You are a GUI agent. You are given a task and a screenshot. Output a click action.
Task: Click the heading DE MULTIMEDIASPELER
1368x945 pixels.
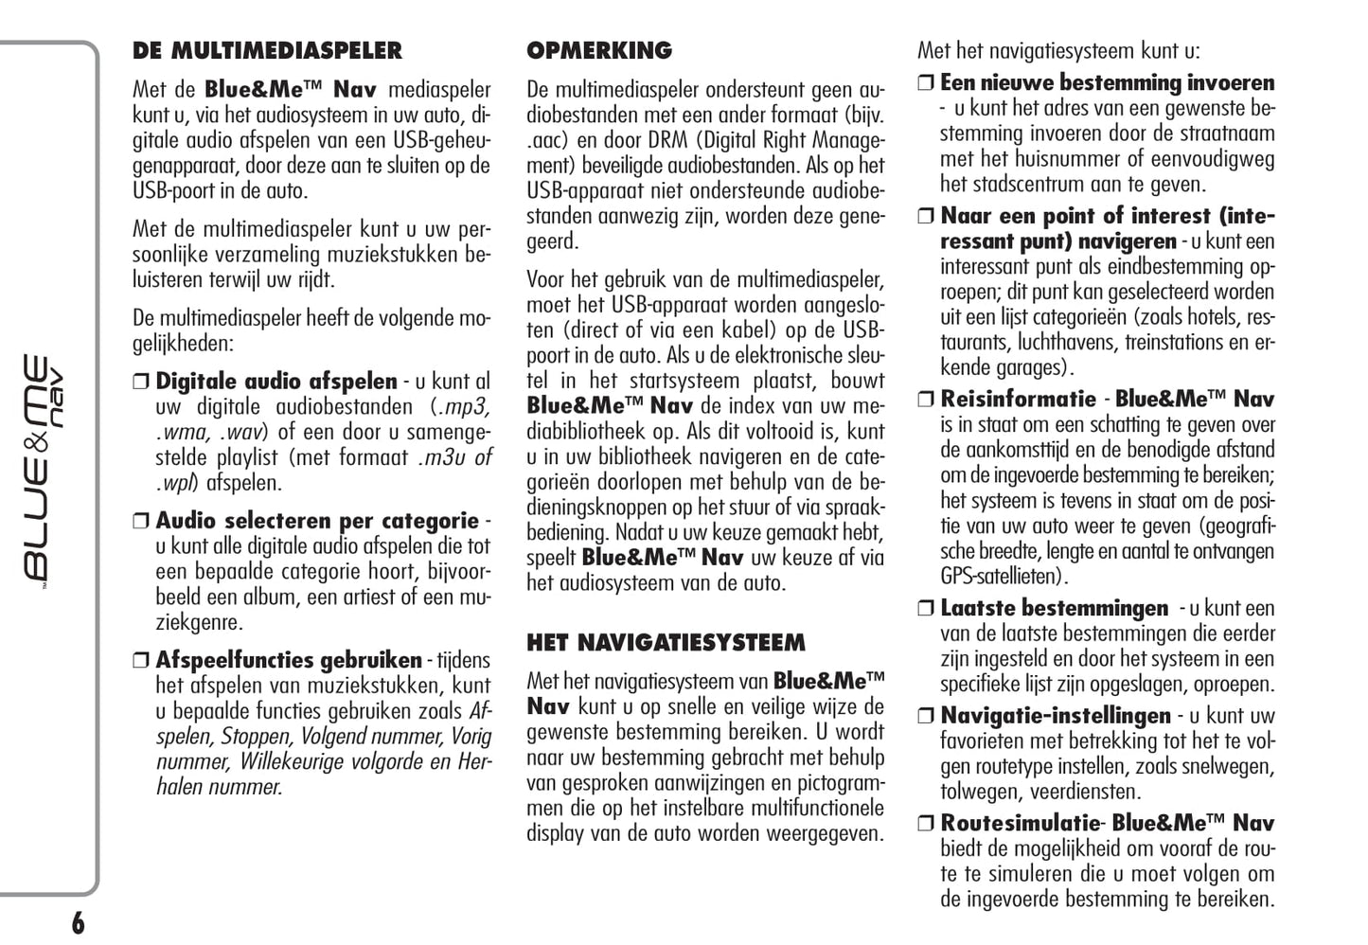[267, 51]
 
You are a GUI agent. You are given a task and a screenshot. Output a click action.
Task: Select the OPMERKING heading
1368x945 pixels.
[599, 51]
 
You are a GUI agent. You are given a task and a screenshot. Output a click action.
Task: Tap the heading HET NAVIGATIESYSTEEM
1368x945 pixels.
[666, 644]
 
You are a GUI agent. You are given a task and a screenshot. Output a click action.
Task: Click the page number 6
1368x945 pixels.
[78, 923]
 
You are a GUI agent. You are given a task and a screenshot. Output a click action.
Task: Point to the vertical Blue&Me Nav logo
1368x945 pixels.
[44, 468]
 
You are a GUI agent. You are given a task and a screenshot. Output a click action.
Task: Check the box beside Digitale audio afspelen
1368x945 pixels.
[141, 383]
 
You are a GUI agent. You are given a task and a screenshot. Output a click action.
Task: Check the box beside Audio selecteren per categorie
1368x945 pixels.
[141, 522]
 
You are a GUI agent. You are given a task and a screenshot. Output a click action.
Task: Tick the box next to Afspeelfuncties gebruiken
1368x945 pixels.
[141, 661]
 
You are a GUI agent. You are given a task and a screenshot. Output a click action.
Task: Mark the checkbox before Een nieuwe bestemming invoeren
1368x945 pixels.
[926, 83]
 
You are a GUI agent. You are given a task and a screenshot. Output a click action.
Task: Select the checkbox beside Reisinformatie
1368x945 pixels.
[926, 400]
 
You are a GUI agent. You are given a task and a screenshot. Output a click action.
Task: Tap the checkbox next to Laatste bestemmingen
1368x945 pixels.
[926, 609]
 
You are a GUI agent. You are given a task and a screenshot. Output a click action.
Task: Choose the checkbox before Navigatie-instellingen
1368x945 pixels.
[926, 717]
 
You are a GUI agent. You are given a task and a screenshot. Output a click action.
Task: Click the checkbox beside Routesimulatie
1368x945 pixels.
[926, 824]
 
